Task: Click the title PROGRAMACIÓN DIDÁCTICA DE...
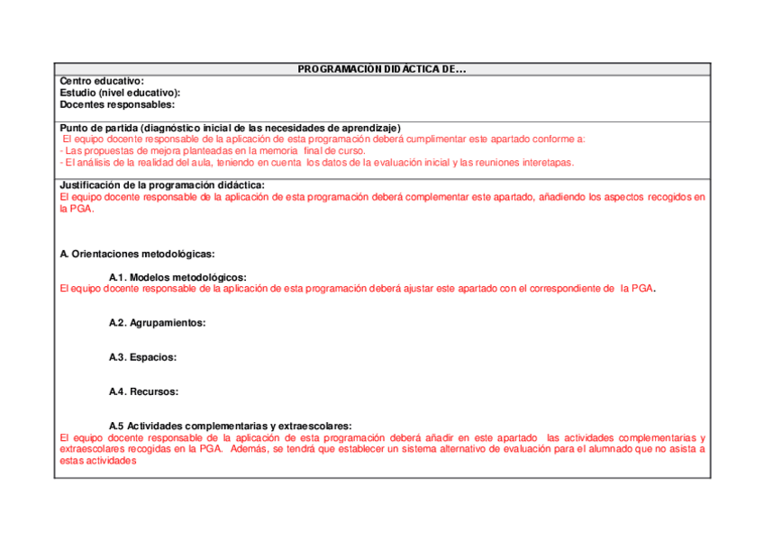382,69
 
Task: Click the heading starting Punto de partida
230,128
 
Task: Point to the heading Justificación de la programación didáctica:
162,184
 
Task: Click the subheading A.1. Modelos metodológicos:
177,277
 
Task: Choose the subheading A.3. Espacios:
142,357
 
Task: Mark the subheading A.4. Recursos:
143,391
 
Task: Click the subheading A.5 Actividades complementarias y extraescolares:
230,426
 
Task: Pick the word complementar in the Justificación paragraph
442,196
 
